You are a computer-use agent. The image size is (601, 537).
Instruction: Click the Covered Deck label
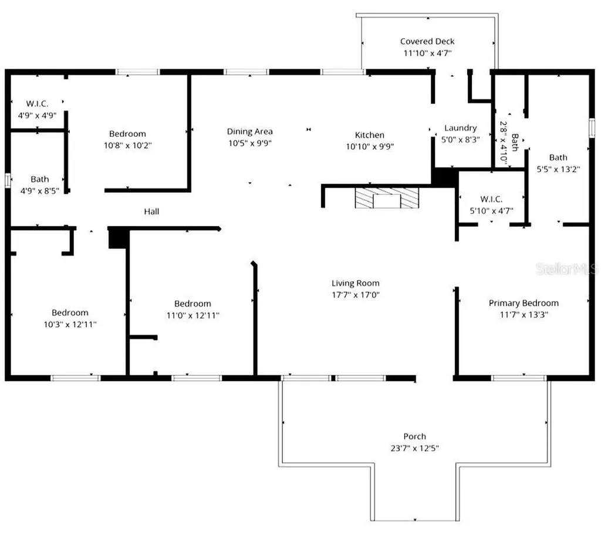coord(427,42)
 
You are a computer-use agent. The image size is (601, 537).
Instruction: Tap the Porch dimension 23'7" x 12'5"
coord(415,448)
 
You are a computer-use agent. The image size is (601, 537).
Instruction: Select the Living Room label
coord(355,283)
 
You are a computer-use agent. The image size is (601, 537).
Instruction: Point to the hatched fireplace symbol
coord(387,197)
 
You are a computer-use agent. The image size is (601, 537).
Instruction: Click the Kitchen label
coord(370,135)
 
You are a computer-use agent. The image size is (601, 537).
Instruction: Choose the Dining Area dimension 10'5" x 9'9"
coord(250,143)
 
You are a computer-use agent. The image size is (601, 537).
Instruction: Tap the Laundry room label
coord(460,127)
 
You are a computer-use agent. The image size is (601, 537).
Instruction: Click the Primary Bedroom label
coord(524,303)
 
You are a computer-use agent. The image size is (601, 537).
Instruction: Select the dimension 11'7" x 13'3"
coord(524,314)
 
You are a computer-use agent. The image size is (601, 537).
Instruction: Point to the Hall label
coord(151,212)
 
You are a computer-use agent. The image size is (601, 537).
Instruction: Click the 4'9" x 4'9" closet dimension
coord(37,115)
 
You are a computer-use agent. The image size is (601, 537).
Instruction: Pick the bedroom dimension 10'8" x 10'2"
coord(127,145)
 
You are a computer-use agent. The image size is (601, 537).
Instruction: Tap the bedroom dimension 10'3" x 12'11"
coord(70,324)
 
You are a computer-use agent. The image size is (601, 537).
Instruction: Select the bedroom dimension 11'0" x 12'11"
coord(193,316)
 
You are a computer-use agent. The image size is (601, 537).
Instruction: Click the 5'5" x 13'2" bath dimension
coord(558,169)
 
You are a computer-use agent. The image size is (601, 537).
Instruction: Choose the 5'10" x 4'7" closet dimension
coord(491,210)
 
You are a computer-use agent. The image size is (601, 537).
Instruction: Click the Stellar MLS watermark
coord(566,269)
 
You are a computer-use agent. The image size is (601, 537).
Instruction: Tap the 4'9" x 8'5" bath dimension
coord(39,190)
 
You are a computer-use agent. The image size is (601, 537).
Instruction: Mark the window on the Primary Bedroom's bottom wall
coord(519,378)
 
